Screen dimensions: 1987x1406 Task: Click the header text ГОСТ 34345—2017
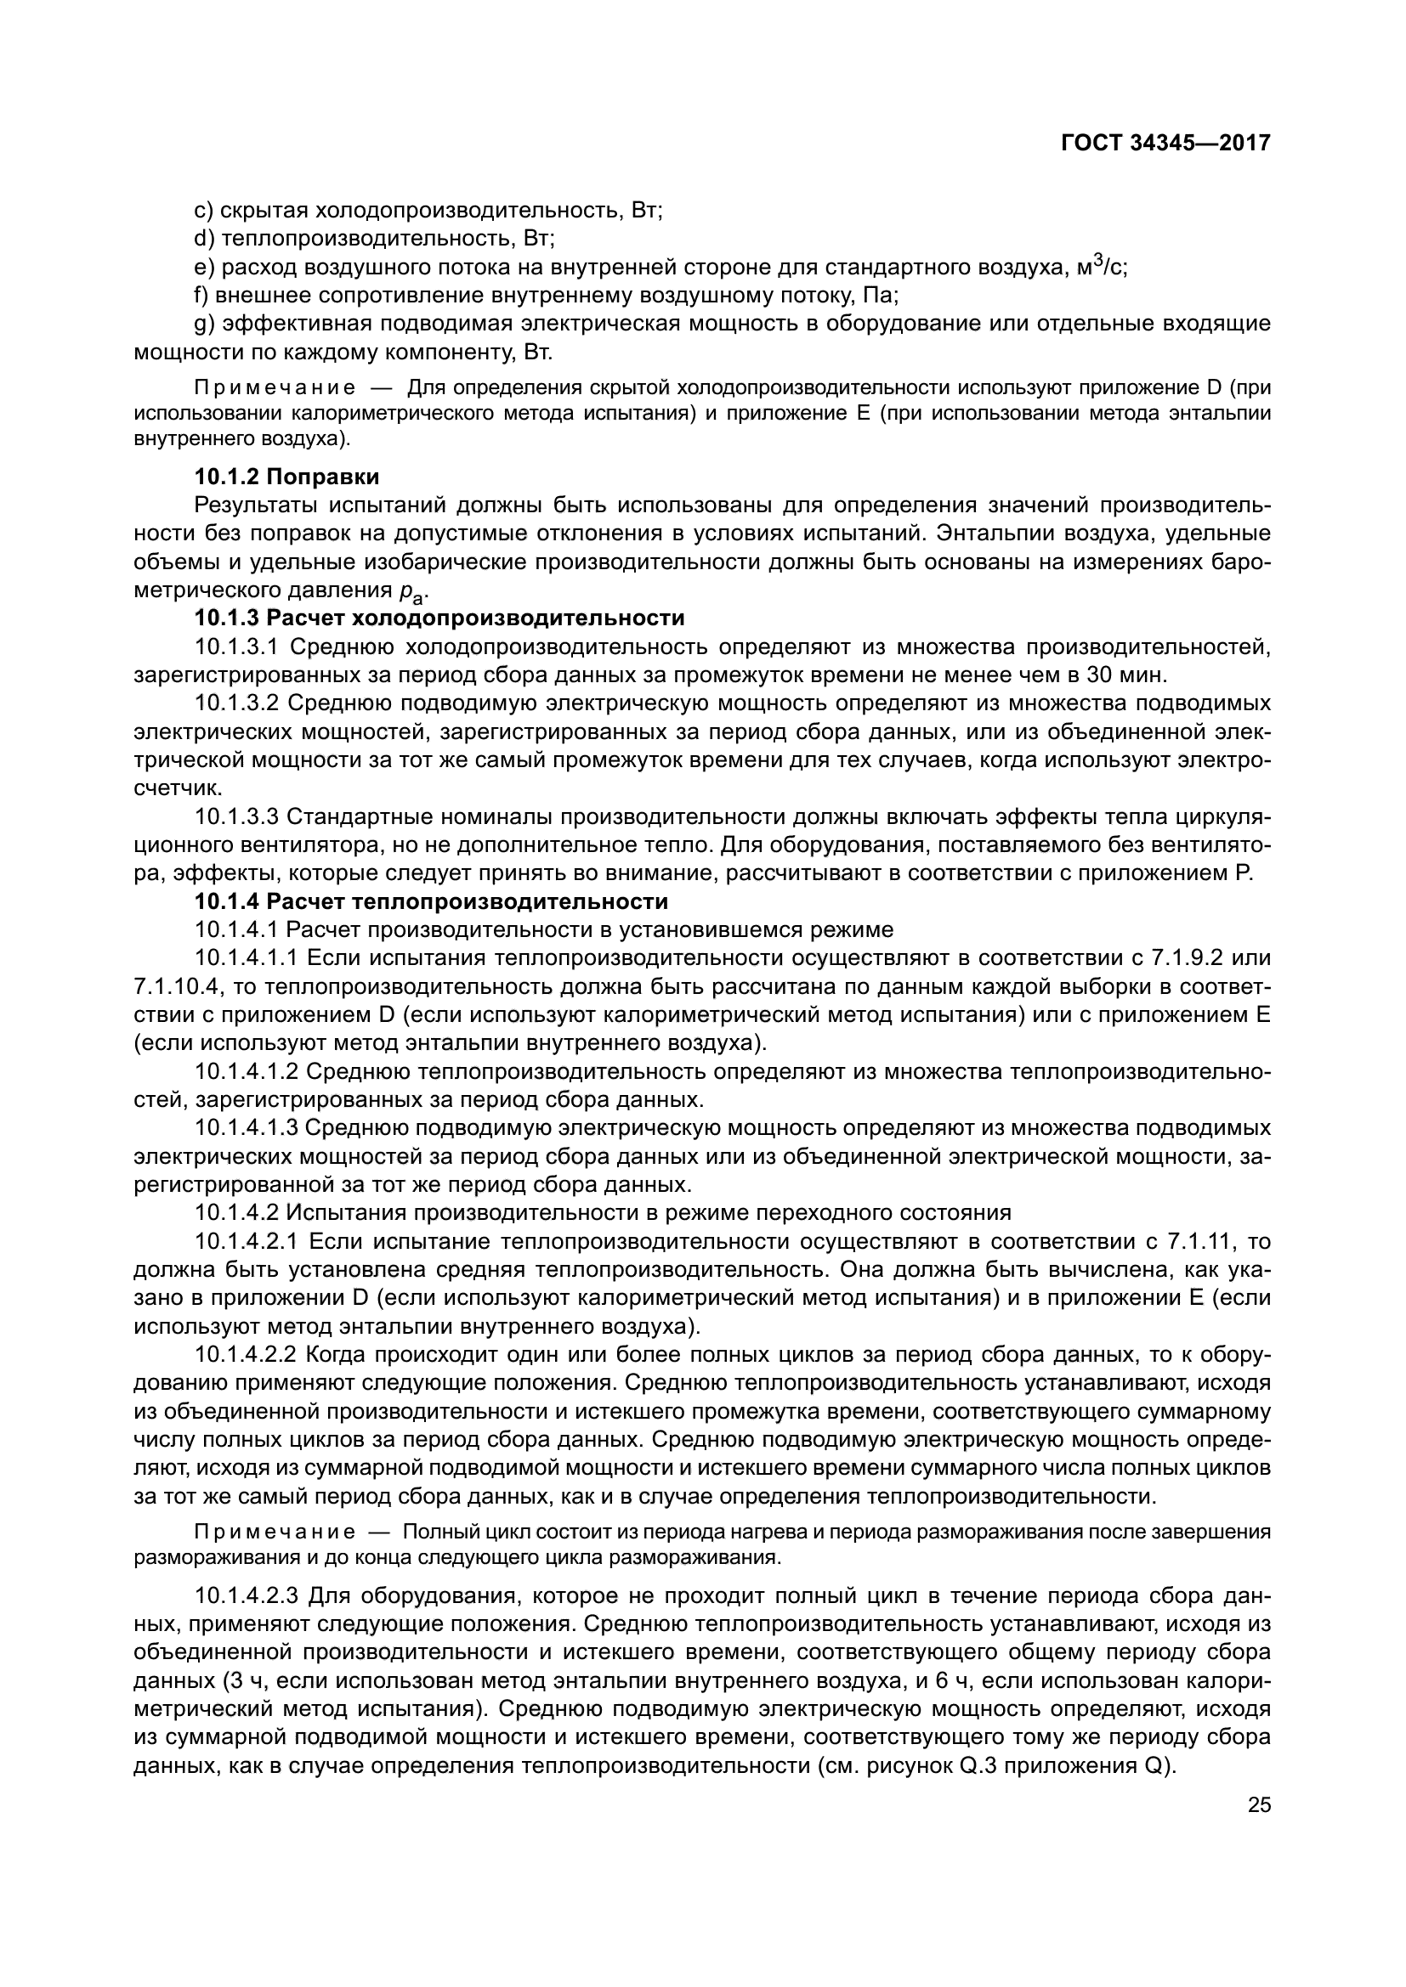pos(1165,143)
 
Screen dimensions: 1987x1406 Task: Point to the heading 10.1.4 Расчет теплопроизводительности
pos(430,902)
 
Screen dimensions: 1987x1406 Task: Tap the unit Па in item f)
pos(881,296)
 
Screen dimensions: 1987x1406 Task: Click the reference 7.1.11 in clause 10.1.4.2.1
pos(1198,1242)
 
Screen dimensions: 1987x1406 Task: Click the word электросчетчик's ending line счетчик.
pos(167,787)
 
